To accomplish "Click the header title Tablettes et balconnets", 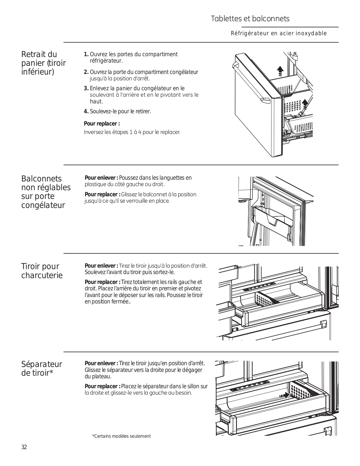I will click(x=250, y=19).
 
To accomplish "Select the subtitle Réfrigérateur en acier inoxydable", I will click(x=279, y=33).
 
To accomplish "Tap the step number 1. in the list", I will click(x=86, y=54).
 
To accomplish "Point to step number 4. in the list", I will click(x=86, y=111).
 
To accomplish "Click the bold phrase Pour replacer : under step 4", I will click(x=102, y=124).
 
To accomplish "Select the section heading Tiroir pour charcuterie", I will click(x=42, y=271).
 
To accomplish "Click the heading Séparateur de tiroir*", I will click(x=42, y=368).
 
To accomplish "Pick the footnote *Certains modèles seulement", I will click(x=121, y=436).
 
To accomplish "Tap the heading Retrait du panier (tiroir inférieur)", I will click(x=43, y=63).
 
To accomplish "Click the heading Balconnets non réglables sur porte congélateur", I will click(x=46, y=192).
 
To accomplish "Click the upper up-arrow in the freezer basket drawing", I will click(x=280, y=70).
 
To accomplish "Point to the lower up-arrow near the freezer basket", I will click(x=305, y=103).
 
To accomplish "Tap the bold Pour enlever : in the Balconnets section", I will click(x=101, y=178).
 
